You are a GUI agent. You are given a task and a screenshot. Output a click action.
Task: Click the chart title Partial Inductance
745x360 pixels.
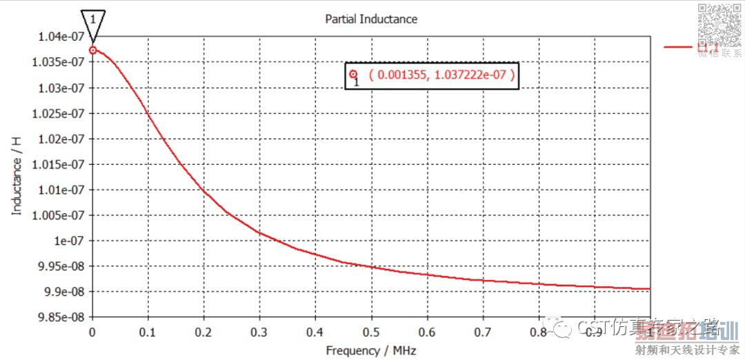(371, 19)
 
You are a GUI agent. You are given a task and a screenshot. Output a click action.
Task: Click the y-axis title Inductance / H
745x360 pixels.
(17, 174)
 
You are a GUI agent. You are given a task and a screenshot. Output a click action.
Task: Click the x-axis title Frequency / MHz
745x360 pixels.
(371, 350)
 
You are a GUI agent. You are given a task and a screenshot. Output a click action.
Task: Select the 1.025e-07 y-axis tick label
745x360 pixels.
(61, 113)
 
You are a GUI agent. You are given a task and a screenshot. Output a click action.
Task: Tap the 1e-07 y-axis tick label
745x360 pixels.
(68, 241)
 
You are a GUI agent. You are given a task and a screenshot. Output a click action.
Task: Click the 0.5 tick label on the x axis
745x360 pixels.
(371, 331)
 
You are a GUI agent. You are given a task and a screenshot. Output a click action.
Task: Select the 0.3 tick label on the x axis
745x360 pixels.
(260, 331)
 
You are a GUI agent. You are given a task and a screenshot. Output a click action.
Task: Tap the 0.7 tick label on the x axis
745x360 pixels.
(483, 331)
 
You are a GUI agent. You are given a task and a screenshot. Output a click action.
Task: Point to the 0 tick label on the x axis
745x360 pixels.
(92, 331)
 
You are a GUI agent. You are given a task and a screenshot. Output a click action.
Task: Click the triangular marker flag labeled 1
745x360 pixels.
(92, 23)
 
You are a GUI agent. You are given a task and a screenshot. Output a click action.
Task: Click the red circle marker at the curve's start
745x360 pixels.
(92, 50)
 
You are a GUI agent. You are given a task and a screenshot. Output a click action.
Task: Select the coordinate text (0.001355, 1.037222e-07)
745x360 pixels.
(441, 75)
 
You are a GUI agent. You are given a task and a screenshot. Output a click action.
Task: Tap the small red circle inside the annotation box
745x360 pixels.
(353, 74)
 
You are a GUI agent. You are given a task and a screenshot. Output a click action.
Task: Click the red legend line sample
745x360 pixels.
(679, 46)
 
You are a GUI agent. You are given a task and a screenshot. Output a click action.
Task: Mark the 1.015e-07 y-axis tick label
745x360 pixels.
(61, 164)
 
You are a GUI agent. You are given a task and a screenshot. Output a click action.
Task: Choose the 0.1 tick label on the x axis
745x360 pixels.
(148, 331)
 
